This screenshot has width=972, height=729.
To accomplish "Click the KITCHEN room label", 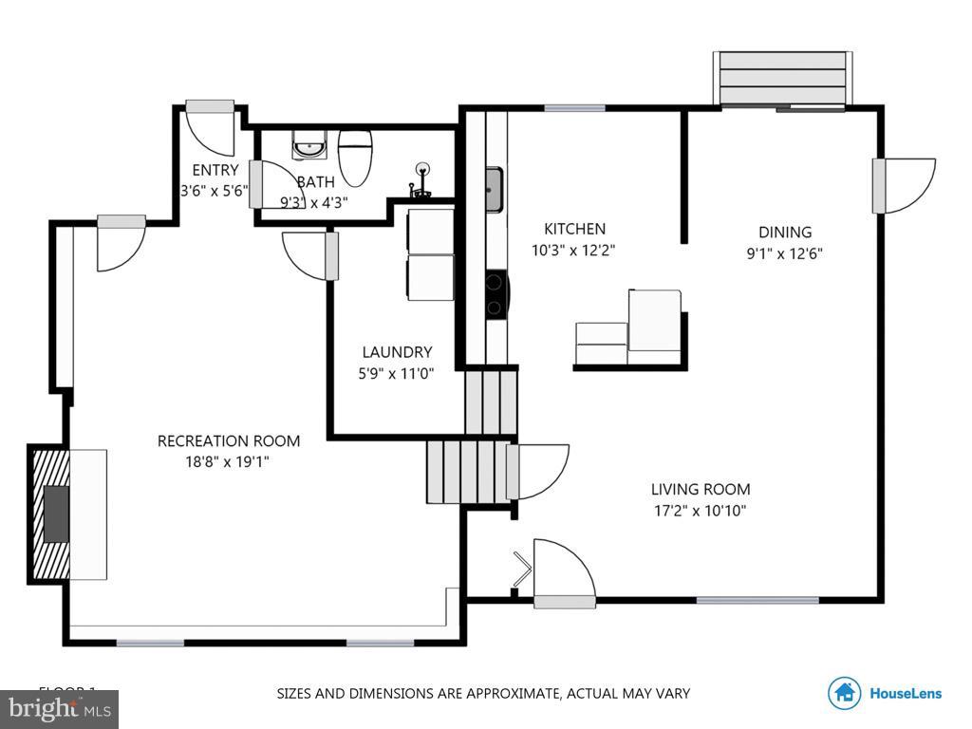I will pos(574,229).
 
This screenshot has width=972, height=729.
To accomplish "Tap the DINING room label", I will pos(785,233).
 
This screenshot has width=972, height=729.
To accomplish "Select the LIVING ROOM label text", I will pos(701,490).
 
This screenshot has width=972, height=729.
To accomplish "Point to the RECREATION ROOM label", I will pos(228,440).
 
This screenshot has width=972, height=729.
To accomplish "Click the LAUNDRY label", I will pos(396,352).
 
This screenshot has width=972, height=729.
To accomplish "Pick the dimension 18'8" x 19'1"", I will pos(228,462).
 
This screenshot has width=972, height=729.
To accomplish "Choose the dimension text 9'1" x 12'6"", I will pos(785,253).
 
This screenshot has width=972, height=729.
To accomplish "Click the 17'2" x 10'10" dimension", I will pos(701,511).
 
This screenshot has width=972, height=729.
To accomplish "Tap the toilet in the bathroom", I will pos(355,157).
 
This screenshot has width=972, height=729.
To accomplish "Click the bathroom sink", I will pos(308,148).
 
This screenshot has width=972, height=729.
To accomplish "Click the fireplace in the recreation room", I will pos(53,513).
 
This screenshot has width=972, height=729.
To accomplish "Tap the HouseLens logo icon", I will pos(844,693).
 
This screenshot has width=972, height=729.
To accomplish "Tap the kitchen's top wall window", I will pos(574,108).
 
